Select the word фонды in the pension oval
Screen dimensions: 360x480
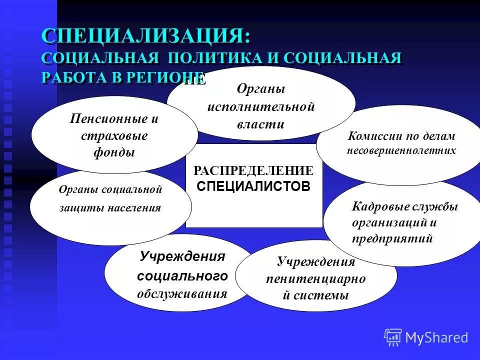(x=114, y=152)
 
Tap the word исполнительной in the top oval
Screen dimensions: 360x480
(x=260, y=106)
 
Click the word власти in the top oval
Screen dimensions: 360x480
(x=260, y=124)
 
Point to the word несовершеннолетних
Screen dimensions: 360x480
(x=401, y=150)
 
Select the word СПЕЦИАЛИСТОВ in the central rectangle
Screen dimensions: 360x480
(x=253, y=186)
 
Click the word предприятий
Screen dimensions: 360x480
(x=392, y=238)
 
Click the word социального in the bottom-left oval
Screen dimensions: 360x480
(x=182, y=275)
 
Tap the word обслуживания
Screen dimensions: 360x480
(x=182, y=293)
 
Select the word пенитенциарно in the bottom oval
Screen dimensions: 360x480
(x=315, y=279)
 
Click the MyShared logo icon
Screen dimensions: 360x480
(x=393, y=336)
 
